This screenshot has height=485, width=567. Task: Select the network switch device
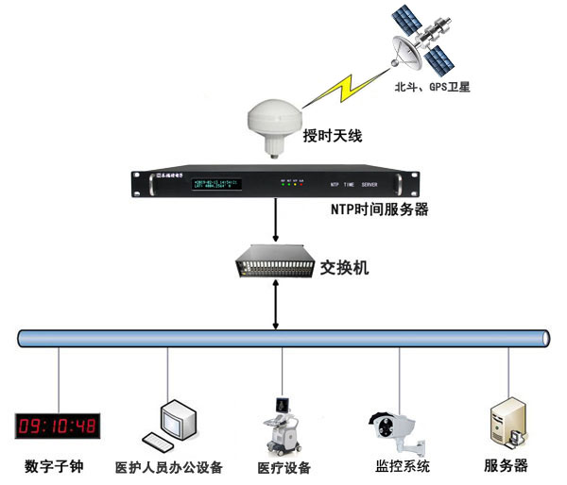coord(275,263)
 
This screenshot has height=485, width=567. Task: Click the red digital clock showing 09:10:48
coord(58,425)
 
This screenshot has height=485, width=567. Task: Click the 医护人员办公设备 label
coord(169,467)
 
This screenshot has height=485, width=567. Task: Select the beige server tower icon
coord(507,423)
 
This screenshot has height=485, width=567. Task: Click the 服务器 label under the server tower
coord(507,465)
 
